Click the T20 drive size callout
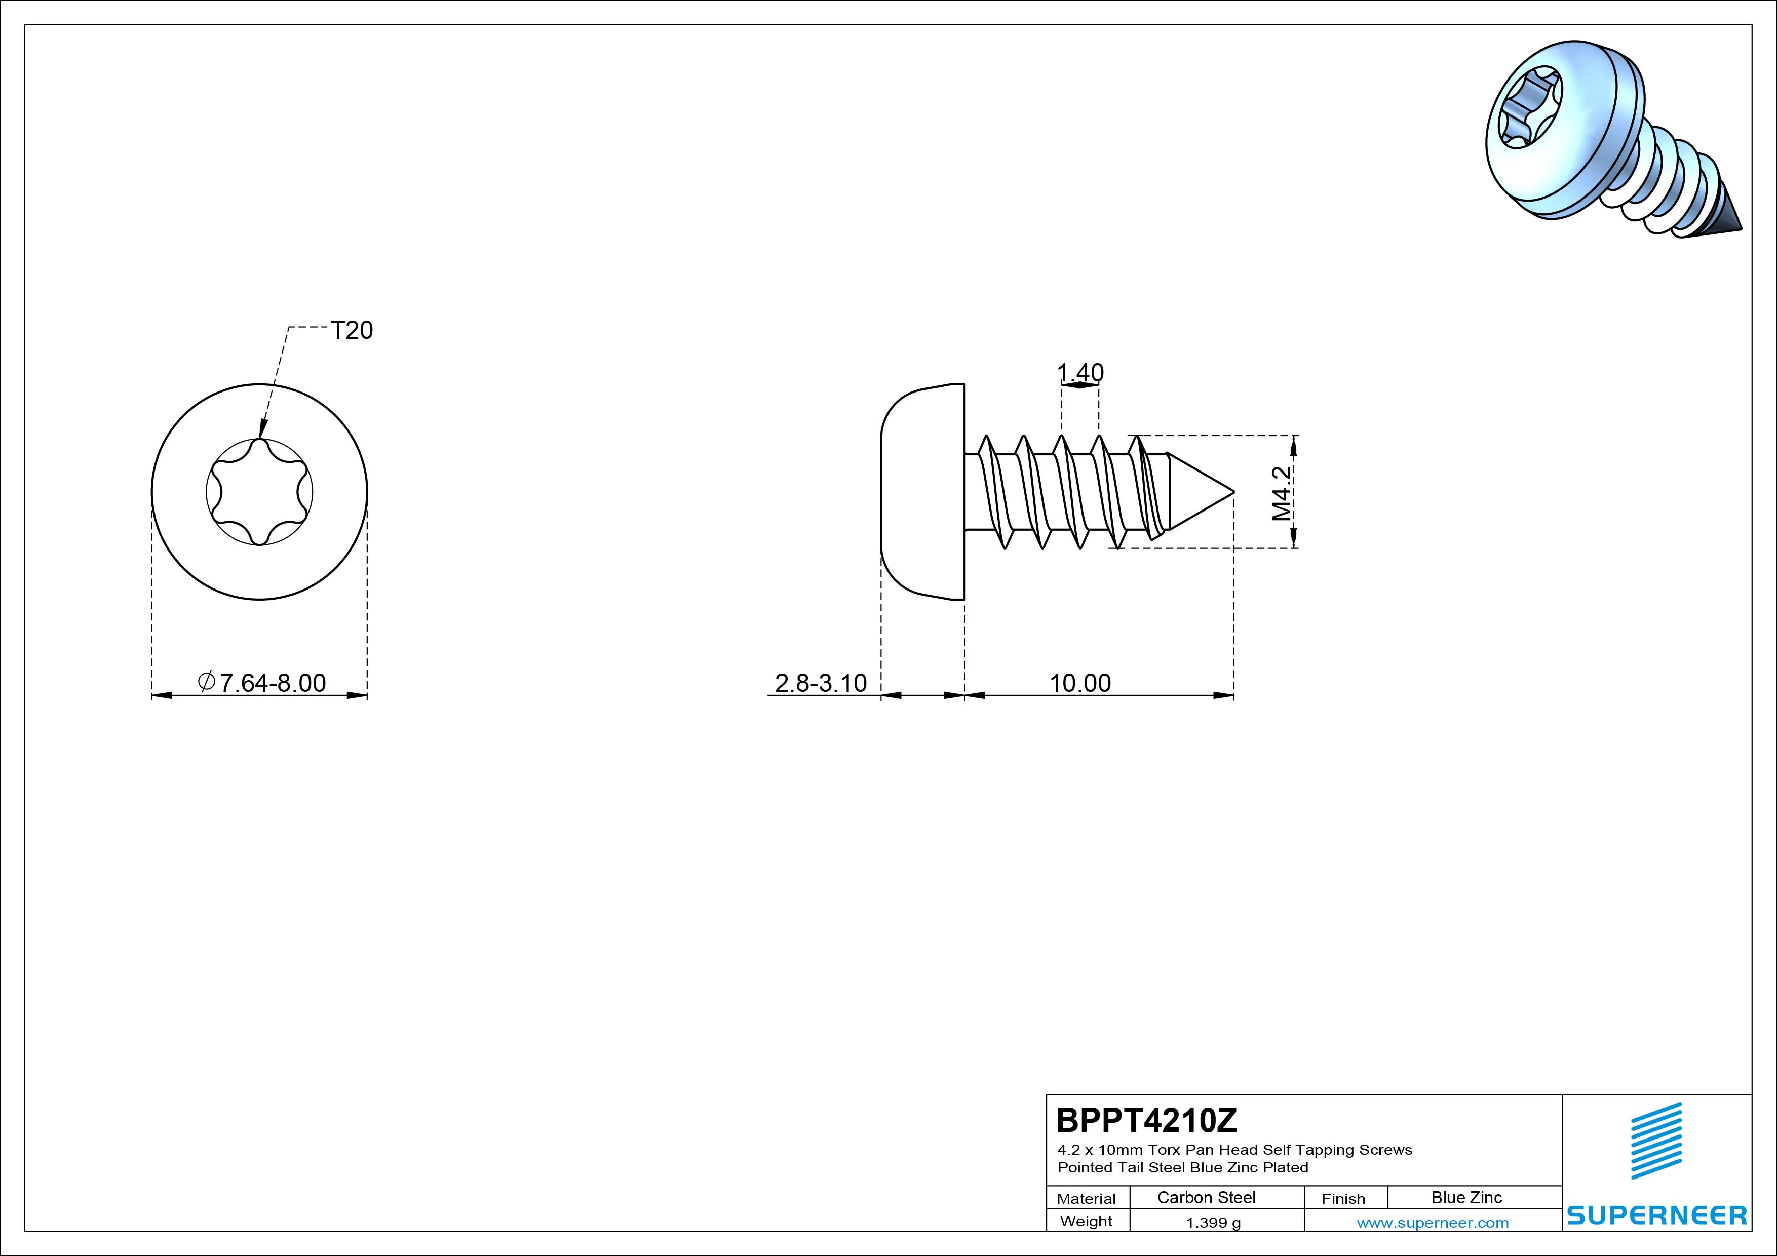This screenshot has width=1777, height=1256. [352, 330]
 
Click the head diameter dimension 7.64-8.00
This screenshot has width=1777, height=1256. [262, 683]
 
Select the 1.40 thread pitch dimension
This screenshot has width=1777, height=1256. [1080, 373]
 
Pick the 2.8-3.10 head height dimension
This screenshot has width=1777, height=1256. [821, 683]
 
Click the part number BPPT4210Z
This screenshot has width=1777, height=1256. [1147, 1120]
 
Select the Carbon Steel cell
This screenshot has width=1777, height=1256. [1206, 1197]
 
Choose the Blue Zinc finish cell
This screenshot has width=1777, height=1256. [1466, 1197]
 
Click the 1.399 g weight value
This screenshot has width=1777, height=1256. [1213, 1223]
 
